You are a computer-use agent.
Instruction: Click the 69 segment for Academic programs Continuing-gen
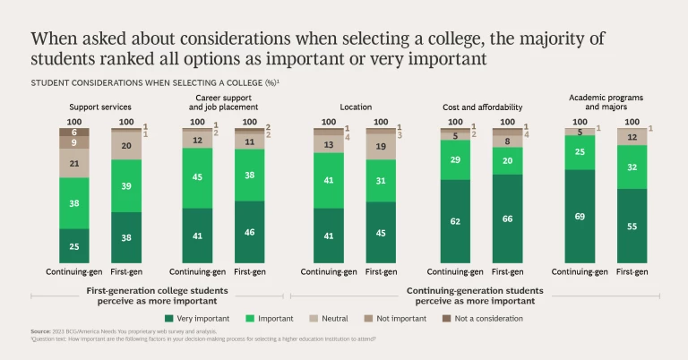click(x=580, y=216)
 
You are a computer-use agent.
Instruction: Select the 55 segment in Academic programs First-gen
click(x=632, y=226)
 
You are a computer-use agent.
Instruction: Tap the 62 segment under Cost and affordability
click(x=455, y=220)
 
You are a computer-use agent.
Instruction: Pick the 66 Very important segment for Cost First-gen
click(x=508, y=219)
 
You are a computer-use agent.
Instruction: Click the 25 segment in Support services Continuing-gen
click(x=74, y=245)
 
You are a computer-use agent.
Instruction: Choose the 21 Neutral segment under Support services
click(x=74, y=163)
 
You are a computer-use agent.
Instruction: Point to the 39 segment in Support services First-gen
click(x=126, y=185)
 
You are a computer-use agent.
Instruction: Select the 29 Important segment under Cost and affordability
click(x=455, y=159)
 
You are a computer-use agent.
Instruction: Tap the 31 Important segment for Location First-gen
click(x=382, y=180)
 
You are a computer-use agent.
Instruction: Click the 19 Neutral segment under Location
click(x=382, y=145)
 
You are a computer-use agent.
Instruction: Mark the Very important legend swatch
click(x=169, y=318)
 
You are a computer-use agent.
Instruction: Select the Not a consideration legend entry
click(x=484, y=318)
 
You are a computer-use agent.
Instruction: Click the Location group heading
click(x=356, y=107)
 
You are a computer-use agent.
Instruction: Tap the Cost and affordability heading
click(x=482, y=107)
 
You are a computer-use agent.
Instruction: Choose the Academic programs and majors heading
click(x=606, y=102)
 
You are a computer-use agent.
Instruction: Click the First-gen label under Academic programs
click(x=632, y=271)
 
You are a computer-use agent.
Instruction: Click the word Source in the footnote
click(x=39, y=332)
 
